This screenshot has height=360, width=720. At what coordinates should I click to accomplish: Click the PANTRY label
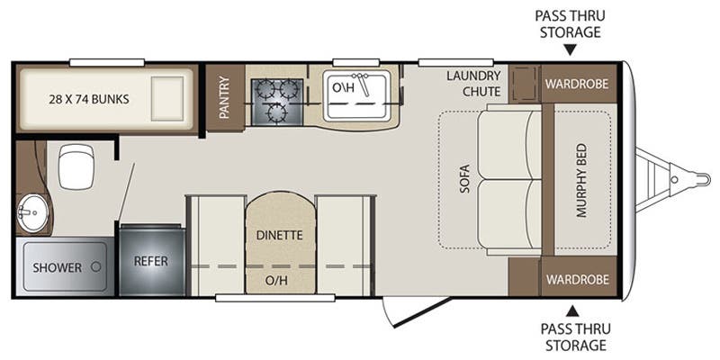click(224, 97)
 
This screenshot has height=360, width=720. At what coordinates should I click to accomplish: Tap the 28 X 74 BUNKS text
click(89, 99)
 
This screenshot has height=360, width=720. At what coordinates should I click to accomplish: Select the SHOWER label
click(58, 267)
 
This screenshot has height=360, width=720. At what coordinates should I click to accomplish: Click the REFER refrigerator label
click(151, 261)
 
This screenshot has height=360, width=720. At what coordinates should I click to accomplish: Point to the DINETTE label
click(280, 236)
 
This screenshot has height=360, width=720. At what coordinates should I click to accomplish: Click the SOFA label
click(464, 178)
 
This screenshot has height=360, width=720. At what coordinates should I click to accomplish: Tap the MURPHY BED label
click(581, 180)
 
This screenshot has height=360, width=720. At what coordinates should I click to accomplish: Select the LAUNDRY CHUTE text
click(474, 84)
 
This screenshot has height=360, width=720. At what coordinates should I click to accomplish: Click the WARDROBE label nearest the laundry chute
click(577, 84)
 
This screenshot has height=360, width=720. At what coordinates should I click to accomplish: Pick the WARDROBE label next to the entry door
click(577, 279)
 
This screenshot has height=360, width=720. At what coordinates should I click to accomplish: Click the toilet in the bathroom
click(76, 166)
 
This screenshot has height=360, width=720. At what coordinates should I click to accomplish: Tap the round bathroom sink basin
click(32, 212)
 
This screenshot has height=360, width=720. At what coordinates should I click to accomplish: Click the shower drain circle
click(96, 266)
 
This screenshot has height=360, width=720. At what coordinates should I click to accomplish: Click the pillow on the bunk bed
click(167, 98)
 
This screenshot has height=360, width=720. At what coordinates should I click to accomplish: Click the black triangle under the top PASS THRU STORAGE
click(570, 49)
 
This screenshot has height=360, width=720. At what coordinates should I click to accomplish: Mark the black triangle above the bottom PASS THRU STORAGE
click(572, 311)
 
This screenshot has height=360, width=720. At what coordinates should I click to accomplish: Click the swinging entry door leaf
click(422, 312)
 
